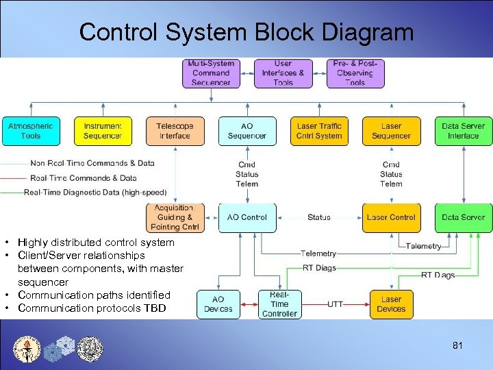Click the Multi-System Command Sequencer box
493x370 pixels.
click(211, 73)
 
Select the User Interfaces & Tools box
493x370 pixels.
click(283, 73)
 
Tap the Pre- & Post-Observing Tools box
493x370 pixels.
click(355, 73)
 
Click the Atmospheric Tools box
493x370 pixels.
click(31, 131)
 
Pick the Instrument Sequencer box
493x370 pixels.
click(103, 131)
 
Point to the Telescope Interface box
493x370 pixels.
click(175, 131)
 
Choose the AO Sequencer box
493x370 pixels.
click(247, 131)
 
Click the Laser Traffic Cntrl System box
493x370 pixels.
click(319, 131)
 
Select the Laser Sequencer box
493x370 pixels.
click(391, 131)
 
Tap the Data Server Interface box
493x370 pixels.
click(464, 131)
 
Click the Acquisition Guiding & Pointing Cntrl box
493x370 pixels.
click(175, 217)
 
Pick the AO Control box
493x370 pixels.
click(247, 217)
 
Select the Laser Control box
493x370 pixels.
click(391, 217)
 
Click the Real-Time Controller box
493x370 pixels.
click(279, 304)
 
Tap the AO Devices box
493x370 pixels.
click(218, 304)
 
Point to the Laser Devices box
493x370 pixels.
click(391, 304)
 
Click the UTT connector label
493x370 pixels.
click(336, 304)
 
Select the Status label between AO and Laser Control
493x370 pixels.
click(319, 217)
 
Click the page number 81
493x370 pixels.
click(457, 345)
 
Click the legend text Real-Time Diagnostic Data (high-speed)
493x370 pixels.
click(95, 193)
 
